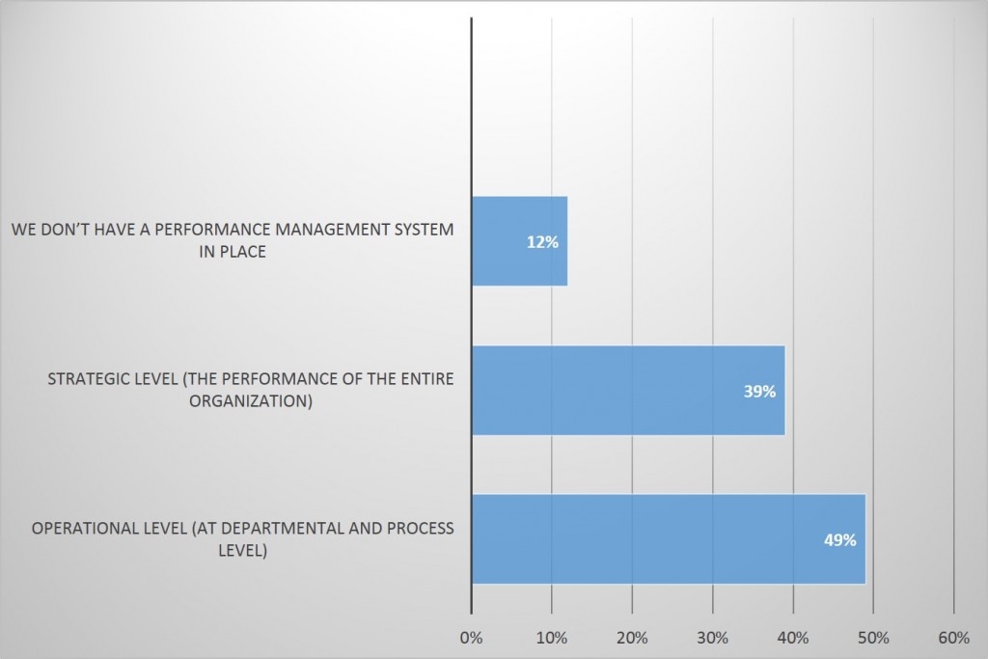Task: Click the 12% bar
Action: click(x=519, y=241)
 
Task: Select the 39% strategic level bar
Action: click(x=627, y=390)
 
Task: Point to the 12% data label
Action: click(x=542, y=242)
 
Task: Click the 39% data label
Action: click(x=759, y=392)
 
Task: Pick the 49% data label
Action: click(x=839, y=540)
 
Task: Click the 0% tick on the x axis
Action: click(x=471, y=637)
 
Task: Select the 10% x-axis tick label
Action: click(x=551, y=637)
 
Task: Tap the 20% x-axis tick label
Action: click(x=632, y=637)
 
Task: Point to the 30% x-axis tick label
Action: click(x=712, y=637)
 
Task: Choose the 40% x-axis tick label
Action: click(x=792, y=637)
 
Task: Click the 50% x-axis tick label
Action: click(x=873, y=637)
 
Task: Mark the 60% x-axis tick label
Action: click(x=953, y=637)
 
